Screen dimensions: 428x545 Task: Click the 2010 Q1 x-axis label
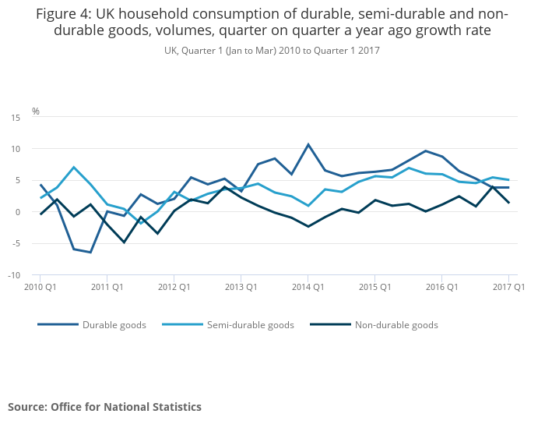tap(40, 287)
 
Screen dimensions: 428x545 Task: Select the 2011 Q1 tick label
tap(107, 287)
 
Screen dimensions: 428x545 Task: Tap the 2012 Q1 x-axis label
tap(174, 287)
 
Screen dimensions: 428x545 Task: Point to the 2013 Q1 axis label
tap(241, 287)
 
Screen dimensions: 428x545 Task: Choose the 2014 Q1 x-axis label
tap(308, 287)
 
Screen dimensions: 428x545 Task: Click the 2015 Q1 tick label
tap(375, 287)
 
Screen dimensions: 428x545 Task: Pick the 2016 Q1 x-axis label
tap(442, 287)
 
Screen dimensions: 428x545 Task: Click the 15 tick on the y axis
tap(16, 117)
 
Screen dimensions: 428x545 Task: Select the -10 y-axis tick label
tap(15, 275)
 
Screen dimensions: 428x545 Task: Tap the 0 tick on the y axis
tap(18, 212)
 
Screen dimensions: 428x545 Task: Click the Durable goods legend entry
tap(114, 325)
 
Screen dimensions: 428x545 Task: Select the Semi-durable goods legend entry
tap(249, 325)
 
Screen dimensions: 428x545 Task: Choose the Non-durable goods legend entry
tap(396, 325)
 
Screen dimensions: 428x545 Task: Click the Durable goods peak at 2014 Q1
tap(308, 144)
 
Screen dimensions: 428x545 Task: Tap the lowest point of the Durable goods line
tap(90, 253)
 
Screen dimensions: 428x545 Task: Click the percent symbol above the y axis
tap(35, 111)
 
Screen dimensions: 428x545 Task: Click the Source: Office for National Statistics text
tap(104, 407)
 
